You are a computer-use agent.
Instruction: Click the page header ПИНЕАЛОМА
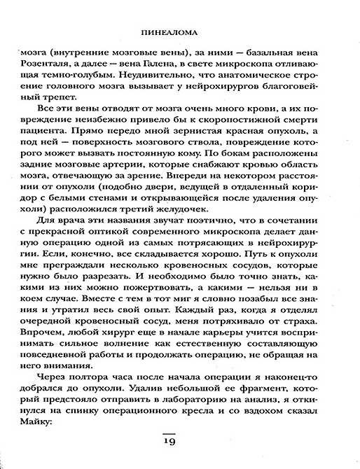tap(179, 31)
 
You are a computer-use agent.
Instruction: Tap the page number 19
tap(179, 442)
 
